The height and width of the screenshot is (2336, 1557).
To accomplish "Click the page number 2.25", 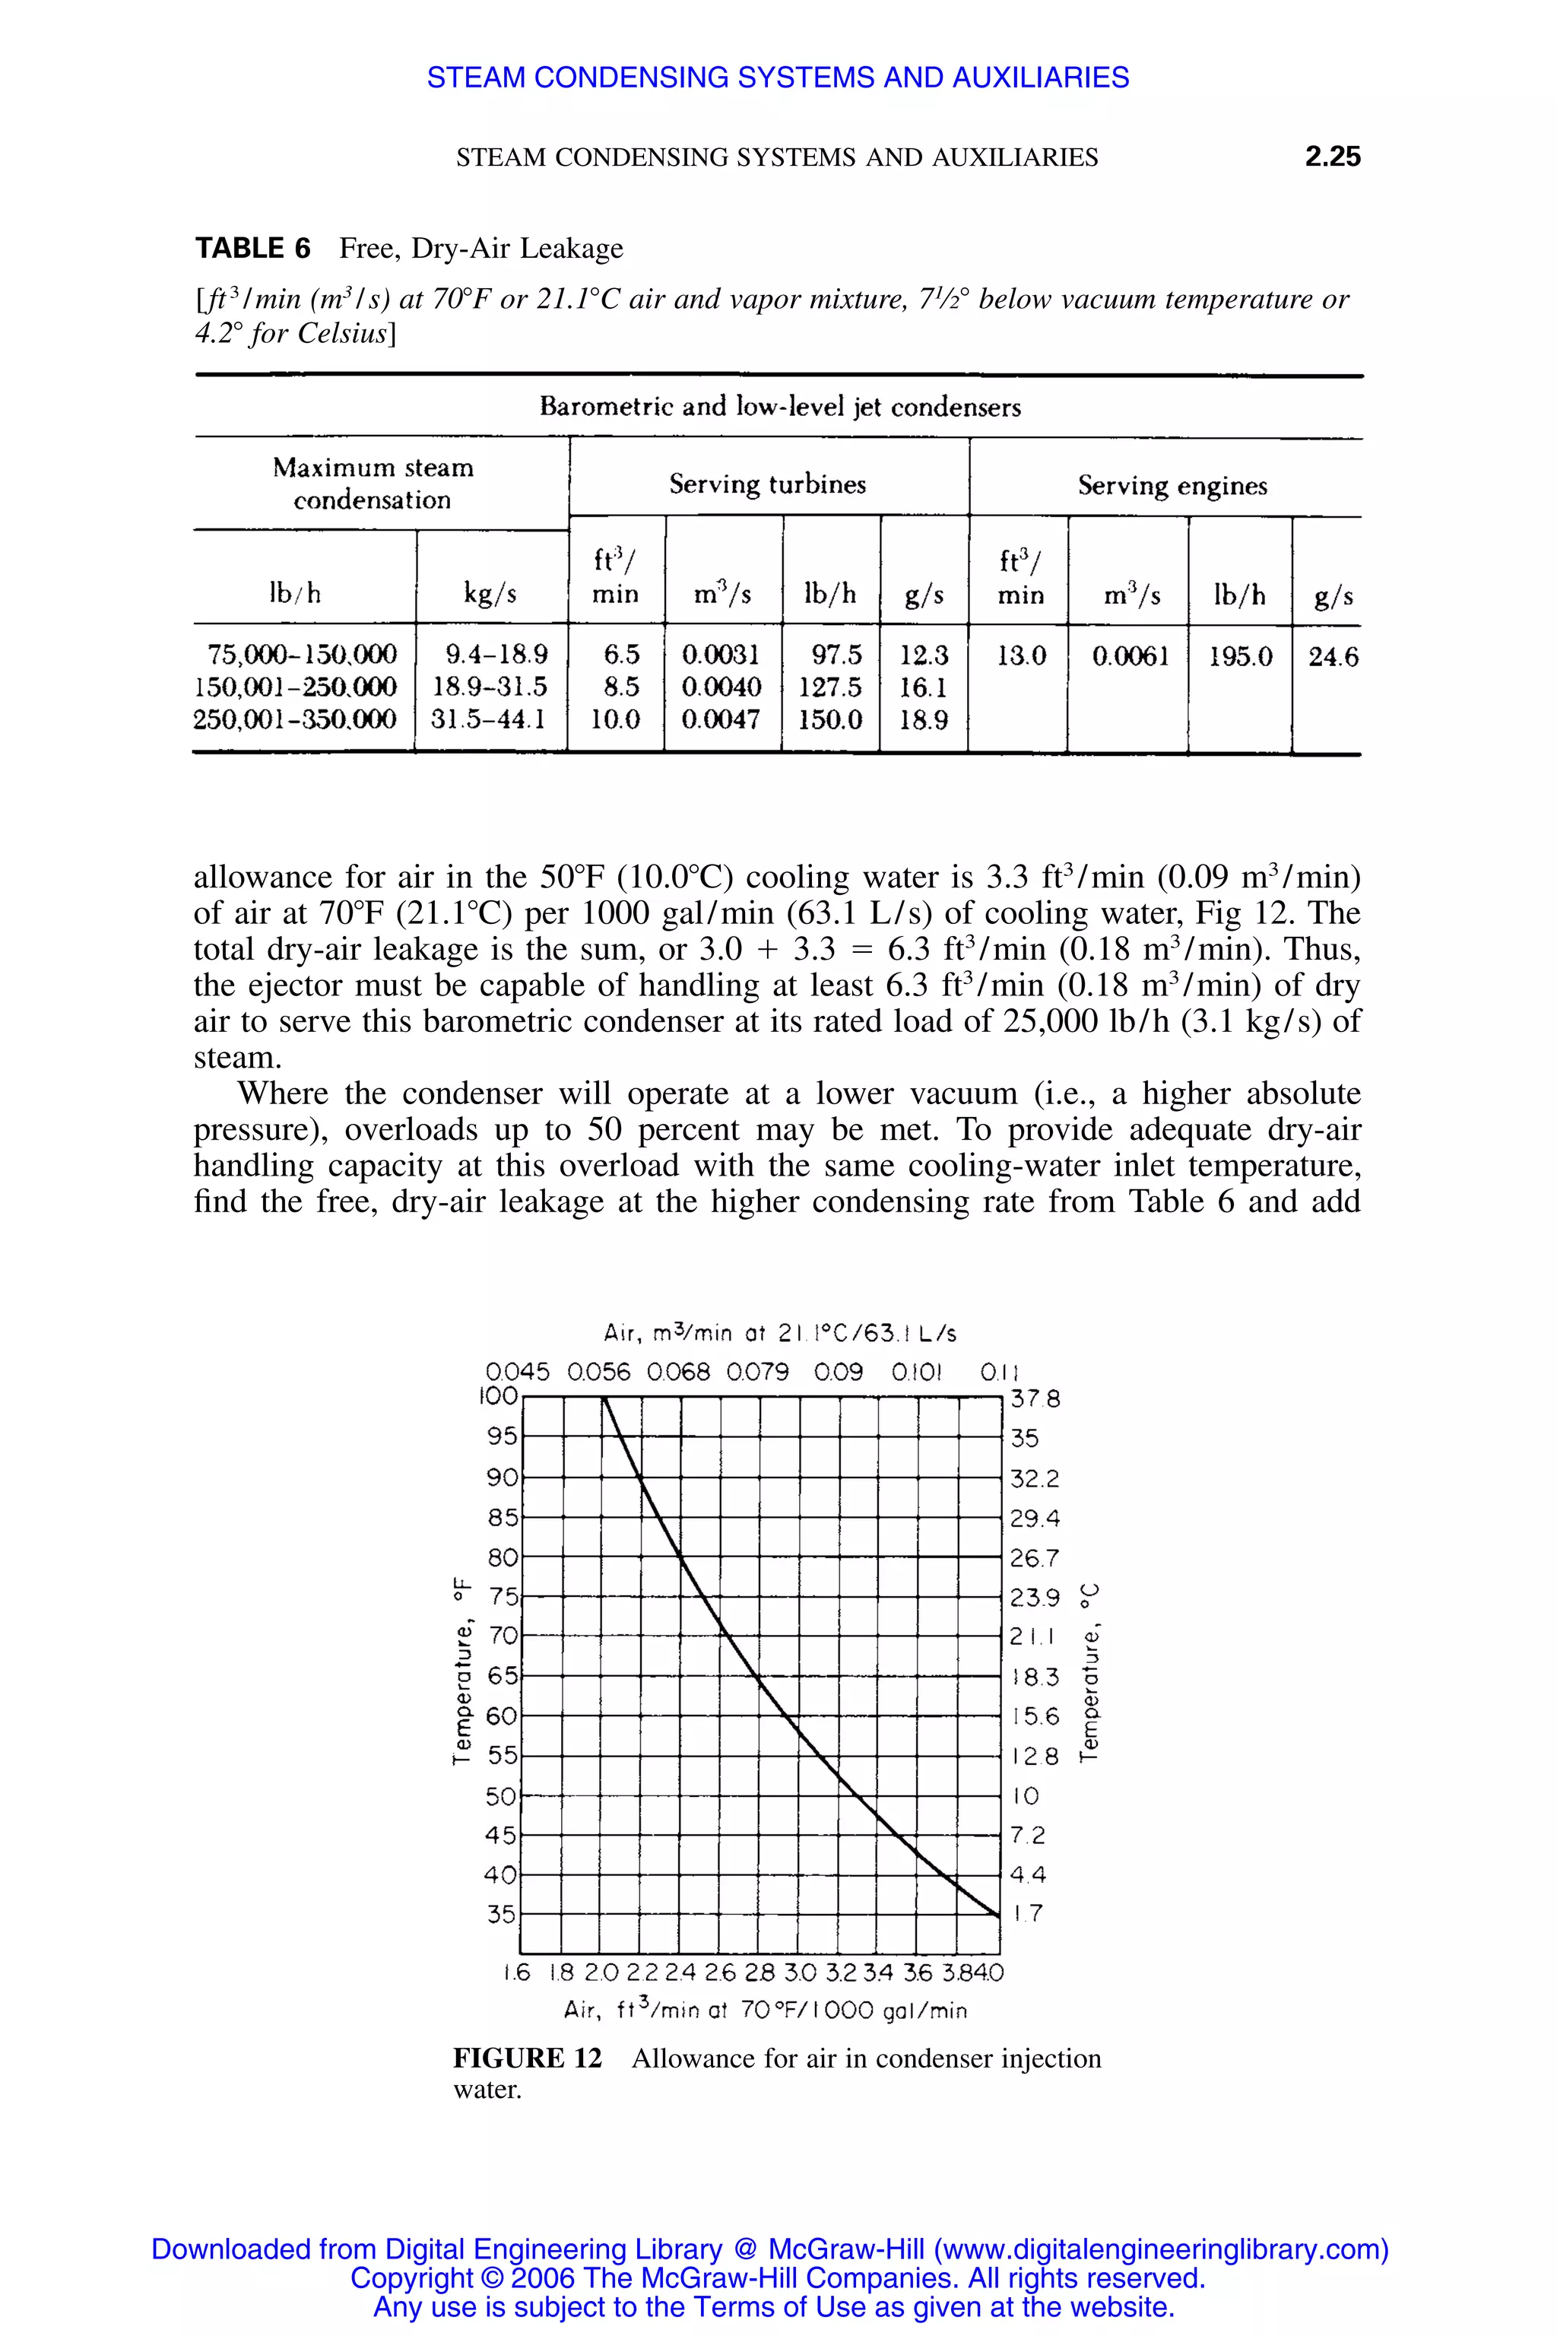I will [1332, 156].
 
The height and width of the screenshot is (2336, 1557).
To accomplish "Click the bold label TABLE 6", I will [252, 249].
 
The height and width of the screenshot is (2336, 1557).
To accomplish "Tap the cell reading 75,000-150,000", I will [302, 655].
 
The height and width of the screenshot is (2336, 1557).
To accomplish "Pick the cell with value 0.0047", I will [721, 719].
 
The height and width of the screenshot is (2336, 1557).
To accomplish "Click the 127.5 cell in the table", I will [829, 687].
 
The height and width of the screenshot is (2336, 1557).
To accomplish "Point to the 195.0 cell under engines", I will [1239, 656].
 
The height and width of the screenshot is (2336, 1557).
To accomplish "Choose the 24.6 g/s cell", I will [1333, 656].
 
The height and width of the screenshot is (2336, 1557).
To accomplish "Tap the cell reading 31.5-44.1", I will [489, 719].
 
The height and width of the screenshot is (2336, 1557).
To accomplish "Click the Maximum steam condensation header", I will [373, 483].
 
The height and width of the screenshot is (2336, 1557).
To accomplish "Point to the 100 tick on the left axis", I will [499, 1395].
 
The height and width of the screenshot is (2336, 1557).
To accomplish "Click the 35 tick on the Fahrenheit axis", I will [502, 1913].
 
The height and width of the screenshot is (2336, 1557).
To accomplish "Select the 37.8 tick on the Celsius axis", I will [1035, 1398].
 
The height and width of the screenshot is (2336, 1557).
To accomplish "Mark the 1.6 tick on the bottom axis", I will [516, 1973].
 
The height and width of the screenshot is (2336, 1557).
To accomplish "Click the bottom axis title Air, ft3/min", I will [765, 2011].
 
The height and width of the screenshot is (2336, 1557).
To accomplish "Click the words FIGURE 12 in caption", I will [528, 2058].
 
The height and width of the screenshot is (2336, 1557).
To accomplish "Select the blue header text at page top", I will [778, 78].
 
